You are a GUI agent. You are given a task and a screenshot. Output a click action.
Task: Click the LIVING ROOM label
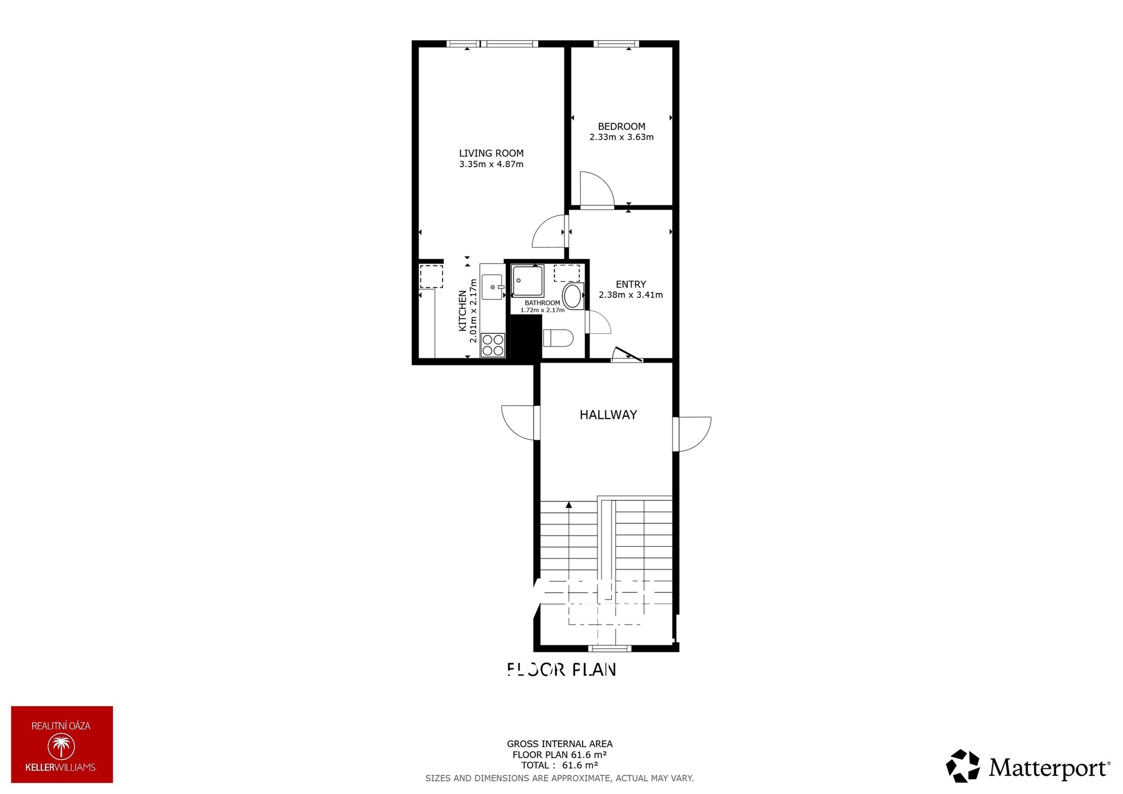491,153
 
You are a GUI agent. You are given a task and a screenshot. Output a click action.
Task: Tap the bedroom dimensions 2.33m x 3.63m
621,137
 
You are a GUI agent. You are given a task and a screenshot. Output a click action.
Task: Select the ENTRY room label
631,284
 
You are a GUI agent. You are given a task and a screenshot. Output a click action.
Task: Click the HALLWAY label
608,415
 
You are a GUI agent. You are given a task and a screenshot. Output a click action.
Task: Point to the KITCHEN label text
463,310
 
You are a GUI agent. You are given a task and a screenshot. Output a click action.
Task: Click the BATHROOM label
542,303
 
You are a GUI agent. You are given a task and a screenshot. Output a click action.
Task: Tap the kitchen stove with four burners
492,345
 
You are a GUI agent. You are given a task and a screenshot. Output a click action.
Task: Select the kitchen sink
492,287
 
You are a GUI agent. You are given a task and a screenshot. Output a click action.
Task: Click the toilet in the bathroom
558,338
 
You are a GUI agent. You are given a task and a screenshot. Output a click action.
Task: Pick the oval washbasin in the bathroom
573,296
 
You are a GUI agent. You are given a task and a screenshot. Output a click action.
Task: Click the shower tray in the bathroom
528,281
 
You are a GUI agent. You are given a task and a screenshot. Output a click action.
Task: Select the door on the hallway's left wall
518,423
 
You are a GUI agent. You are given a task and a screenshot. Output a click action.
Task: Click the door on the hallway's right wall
693,434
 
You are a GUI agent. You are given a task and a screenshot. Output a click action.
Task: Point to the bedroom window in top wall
616,43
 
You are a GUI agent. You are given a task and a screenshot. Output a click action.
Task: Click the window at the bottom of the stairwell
609,648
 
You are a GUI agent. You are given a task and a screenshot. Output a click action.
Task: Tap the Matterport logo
1028,767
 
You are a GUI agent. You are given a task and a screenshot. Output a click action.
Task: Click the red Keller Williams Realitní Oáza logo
62,744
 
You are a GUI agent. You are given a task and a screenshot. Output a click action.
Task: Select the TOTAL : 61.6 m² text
559,765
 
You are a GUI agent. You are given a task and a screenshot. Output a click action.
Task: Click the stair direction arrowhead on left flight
569,505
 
